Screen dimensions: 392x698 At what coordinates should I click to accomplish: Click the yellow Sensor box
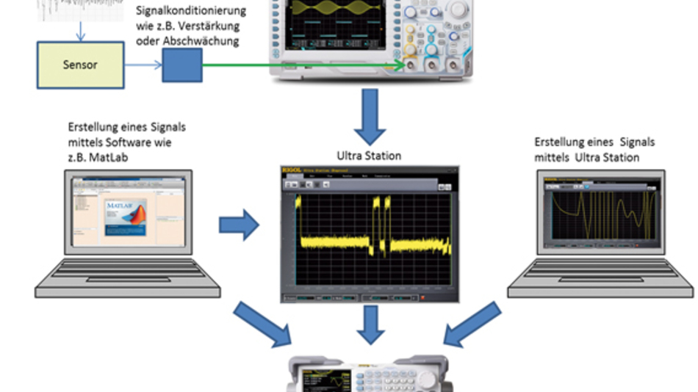(x=80, y=65)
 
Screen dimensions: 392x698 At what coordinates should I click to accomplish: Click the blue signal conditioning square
(x=181, y=65)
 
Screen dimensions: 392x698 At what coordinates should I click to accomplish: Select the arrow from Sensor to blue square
(x=143, y=65)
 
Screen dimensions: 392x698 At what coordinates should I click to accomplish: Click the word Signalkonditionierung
(x=191, y=12)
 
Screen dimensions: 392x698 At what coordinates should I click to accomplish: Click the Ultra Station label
(x=369, y=156)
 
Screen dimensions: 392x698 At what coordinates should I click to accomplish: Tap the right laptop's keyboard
(x=600, y=278)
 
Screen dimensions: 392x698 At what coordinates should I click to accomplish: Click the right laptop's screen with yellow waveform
(x=600, y=213)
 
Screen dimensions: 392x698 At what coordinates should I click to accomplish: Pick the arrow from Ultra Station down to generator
(x=370, y=324)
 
